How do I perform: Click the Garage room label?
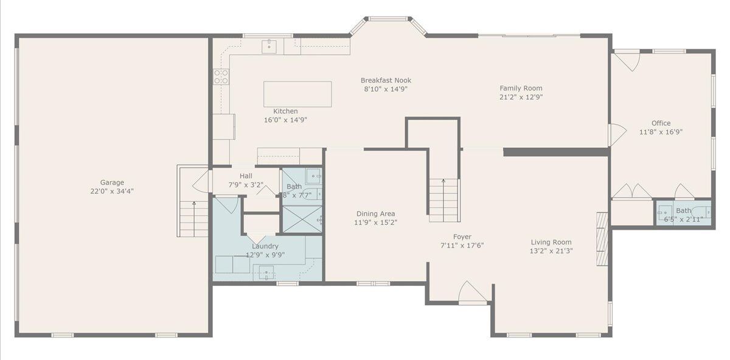[x=112, y=182]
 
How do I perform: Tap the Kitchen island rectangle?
[x=297, y=94]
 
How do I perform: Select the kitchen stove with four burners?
[x=221, y=77]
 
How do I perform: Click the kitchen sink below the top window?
[x=269, y=47]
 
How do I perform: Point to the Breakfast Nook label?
[x=386, y=80]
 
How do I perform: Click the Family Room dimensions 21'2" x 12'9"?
[x=521, y=97]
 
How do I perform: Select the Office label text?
[x=661, y=123]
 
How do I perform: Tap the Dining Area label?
[x=375, y=213]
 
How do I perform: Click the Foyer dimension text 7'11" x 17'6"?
[x=462, y=245]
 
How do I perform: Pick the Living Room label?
[x=551, y=242]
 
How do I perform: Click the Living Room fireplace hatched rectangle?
[x=602, y=239]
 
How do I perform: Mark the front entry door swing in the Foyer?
[x=472, y=291]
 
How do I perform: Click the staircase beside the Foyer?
[x=444, y=200]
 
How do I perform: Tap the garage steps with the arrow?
[x=194, y=219]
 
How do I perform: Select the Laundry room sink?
[x=266, y=272]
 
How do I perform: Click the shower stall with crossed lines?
[x=302, y=220]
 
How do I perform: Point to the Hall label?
[x=246, y=176]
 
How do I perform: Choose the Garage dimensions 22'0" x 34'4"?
[x=112, y=191]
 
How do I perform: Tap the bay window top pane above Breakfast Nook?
[x=388, y=19]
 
